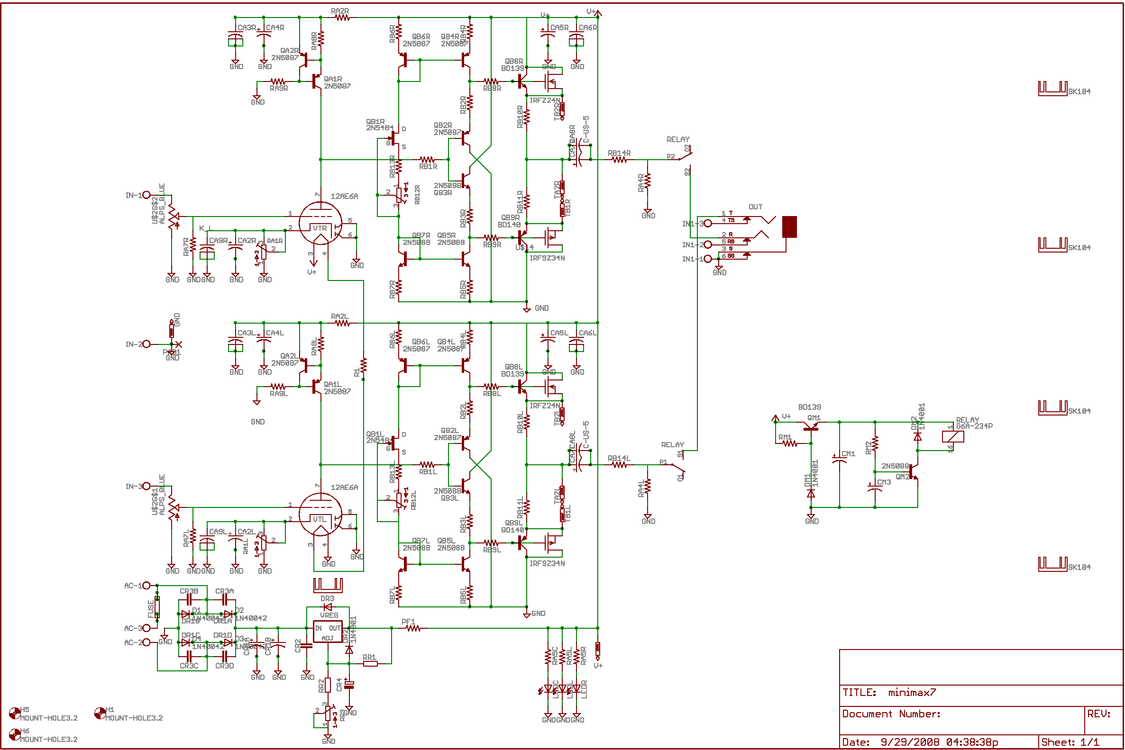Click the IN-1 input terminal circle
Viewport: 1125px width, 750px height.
(x=146, y=195)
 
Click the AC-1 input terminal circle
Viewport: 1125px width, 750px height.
(x=146, y=586)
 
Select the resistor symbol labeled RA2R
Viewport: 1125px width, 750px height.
(x=342, y=18)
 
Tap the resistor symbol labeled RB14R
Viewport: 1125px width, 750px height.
(x=619, y=160)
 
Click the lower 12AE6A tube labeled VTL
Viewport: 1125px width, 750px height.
(x=320, y=515)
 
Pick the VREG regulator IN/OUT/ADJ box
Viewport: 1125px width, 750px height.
(x=328, y=633)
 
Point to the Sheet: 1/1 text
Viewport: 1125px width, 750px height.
(x=1070, y=742)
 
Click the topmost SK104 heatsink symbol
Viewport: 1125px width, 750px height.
(x=1052, y=89)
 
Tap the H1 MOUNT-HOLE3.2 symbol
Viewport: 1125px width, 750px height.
(x=100, y=714)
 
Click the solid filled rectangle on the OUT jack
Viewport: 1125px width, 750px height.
(x=789, y=227)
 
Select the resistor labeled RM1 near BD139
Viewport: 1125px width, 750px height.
(x=789, y=444)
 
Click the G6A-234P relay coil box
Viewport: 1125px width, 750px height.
(x=953, y=437)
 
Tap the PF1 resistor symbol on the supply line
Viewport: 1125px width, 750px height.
(x=413, y=629)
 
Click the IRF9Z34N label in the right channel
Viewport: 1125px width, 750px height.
(x=547, y=258)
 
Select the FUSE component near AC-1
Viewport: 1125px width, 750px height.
(x=157, y=607)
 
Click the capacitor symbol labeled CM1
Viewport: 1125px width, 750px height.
(x=839, y=460)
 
